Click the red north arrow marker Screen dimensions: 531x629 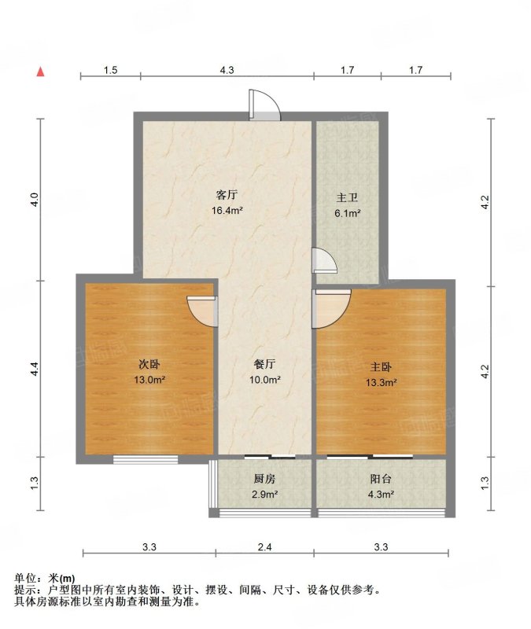click(x=41, y=72)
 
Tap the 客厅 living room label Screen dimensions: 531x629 click(x=227, y=195)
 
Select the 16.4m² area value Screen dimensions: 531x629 click(x=227, y=210)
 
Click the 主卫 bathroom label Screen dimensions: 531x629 click(x=347, y=198)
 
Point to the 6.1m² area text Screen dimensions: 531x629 click(x=348, y=213)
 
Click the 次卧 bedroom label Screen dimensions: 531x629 click(x=149, y=364)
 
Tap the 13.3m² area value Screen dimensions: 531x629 click(x=381, y=382)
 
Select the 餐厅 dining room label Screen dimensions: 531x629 click(x=264, y=364)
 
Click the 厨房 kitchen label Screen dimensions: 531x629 click(x=264, y=479)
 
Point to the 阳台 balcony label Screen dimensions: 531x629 click(x=381, y=479)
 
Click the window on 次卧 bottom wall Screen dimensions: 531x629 click(x=146, y=460)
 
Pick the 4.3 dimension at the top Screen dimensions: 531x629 click(x=227, y=70)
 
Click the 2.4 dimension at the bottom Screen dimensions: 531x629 click(x=265, y=546)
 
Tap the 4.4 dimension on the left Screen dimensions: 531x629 click(x=35, y=369)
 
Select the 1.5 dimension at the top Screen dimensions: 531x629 click(x=110, y=70)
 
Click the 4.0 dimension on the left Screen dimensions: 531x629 click(x=35, y=200)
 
